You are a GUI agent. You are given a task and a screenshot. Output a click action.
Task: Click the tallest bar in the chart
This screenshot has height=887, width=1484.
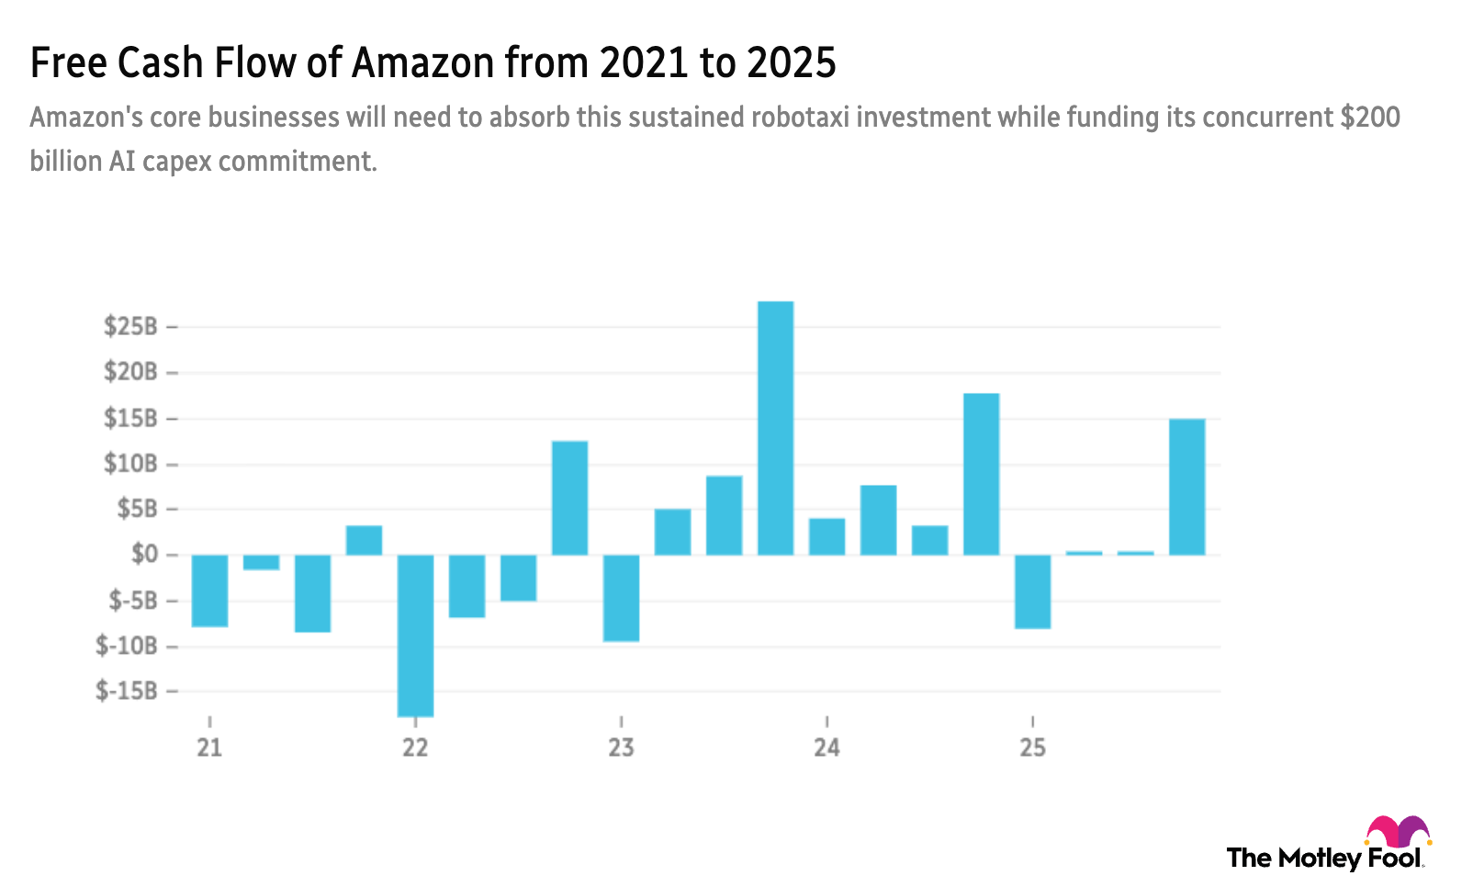tap(775, 427)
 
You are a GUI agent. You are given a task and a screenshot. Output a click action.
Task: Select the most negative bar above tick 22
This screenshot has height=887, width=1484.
tap(415, 635)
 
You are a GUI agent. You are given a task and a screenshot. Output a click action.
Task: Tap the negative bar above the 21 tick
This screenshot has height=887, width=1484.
tap(209, 591)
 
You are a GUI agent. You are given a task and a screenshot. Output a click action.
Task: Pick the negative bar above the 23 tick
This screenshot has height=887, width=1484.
tap(621, 599)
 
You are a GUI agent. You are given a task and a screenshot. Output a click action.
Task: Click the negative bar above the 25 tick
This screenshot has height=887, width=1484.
tap(1033, 592)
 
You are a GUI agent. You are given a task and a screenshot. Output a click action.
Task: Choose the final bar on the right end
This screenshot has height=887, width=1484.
tap(1186, 487)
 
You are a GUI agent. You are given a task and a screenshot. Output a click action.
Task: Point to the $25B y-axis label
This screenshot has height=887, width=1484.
tap(130, 326)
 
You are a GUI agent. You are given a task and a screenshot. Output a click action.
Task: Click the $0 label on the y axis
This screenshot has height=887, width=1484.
tap(144, 554)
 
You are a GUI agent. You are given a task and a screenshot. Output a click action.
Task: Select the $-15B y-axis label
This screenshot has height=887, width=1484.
tap(127, 691)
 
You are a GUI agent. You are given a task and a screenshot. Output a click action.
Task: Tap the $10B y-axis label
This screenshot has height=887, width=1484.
tap(130, 464)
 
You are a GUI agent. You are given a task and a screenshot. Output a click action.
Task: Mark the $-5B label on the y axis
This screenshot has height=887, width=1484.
tap(133, 601)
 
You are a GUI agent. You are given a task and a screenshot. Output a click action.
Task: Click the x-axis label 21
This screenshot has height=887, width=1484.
tap(209, 747)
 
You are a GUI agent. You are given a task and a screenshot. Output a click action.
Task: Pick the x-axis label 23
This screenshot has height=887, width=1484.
tap(621, 747)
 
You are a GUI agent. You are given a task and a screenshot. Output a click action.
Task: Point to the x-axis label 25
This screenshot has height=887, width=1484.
tap(1033, 747)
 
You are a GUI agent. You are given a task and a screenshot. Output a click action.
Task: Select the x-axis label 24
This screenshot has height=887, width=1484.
tap(826, 747)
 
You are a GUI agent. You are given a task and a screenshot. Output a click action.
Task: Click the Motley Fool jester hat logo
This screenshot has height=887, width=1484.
tap(1398, 831)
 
